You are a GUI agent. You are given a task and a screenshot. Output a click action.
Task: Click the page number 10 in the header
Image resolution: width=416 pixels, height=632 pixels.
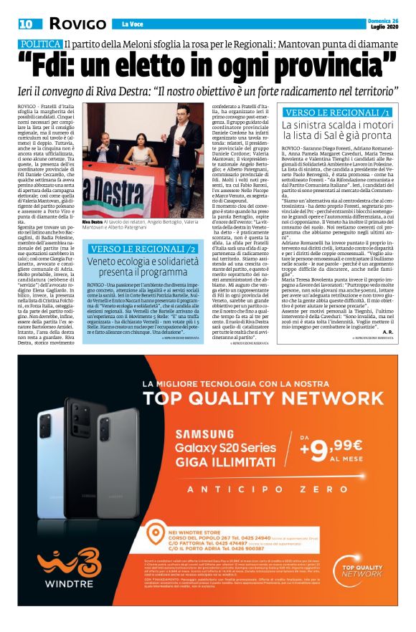27,24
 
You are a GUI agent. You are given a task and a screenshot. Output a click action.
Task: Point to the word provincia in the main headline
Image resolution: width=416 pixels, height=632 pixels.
323,66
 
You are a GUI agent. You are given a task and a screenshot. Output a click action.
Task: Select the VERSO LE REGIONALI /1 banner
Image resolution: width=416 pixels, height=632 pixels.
338,112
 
